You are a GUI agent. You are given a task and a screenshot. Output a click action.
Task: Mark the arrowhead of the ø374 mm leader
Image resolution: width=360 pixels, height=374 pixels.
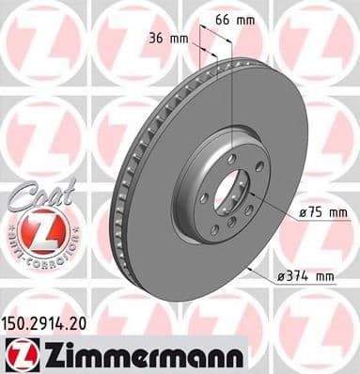pos(246,264)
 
